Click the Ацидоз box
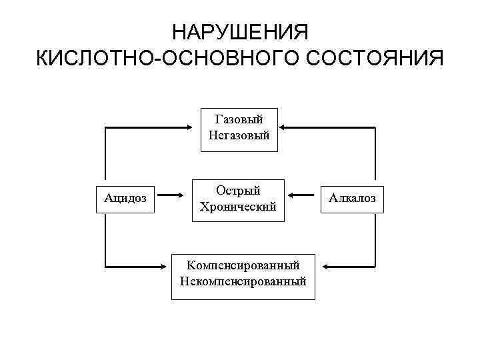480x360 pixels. click(x=126, y=197)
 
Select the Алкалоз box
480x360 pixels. click(x=352, y=197)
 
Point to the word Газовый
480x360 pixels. click(x=239, y=119)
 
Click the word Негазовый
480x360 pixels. click(x=239, y=135)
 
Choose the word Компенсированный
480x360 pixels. click(x=243, y=265)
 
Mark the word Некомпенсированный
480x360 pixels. click(x=243, y=281)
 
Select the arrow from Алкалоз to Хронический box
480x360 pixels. click(x=304, y=196)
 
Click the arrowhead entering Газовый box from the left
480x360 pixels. click(x=195, y=125)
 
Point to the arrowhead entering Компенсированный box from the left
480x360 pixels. click(x=168, y=267)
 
